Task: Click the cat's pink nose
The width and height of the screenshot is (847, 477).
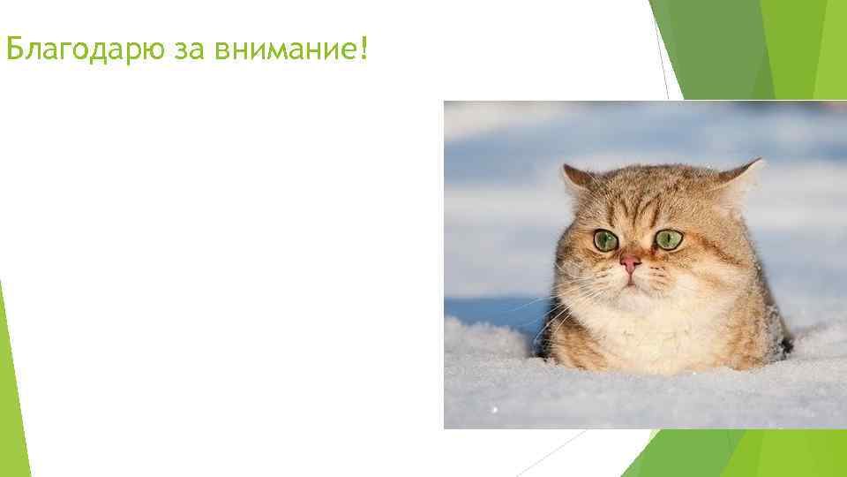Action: tap(630, 262)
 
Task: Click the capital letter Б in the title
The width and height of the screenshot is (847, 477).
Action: tap(13, 50)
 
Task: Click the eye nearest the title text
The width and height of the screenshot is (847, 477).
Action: tap(605, 240)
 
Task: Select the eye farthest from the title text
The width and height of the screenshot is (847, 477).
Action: tap(669, 239)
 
